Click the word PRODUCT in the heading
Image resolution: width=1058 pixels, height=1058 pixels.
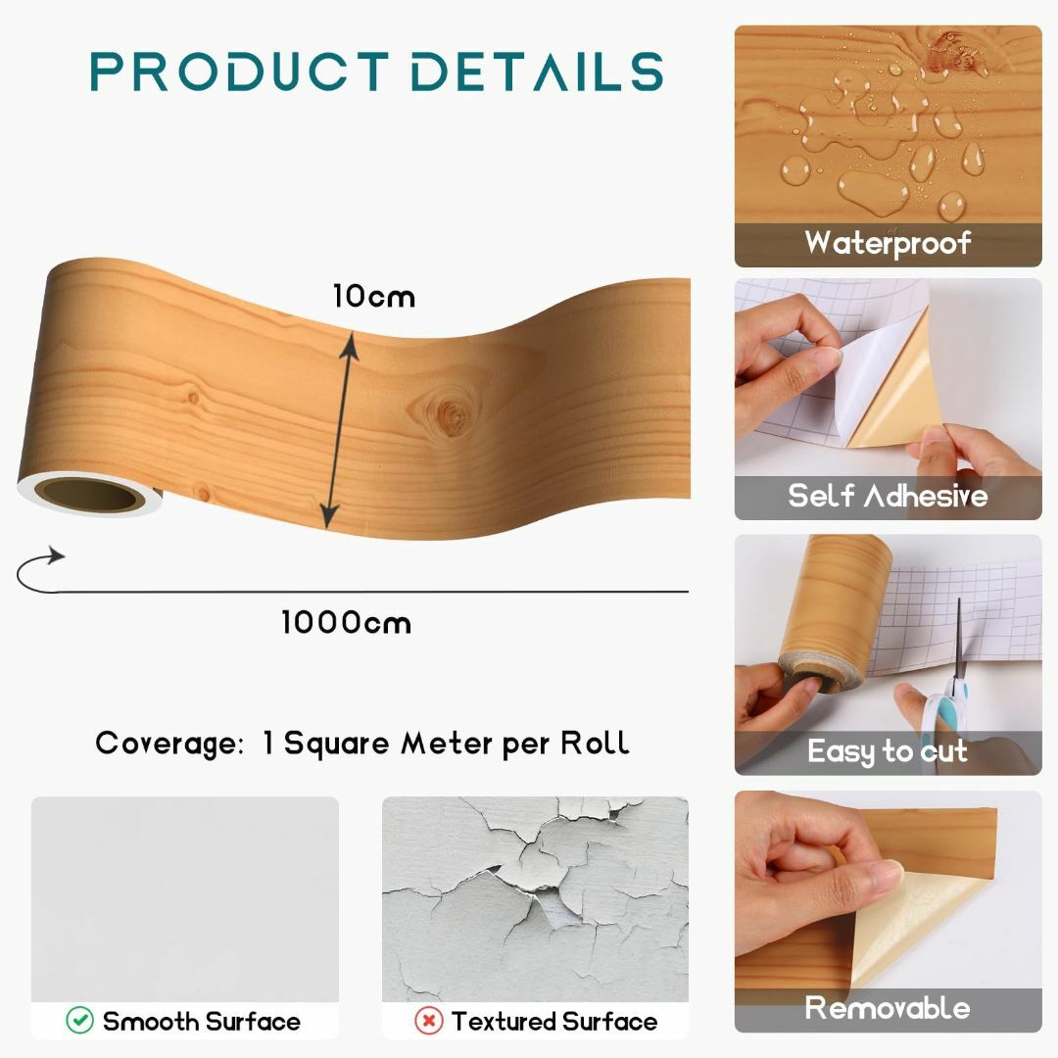[x=240, y=71]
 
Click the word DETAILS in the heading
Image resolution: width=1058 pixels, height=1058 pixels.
[x=538, y=71]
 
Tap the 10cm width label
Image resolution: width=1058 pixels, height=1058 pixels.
[x=374, y=296]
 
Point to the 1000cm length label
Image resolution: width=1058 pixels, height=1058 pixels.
[x=346, y=622]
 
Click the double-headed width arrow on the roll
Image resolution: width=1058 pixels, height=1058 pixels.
[x=339, y=429]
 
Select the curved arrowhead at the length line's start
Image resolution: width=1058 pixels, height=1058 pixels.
[x=55, y=556]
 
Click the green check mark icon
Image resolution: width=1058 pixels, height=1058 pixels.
[x=79, y=1020]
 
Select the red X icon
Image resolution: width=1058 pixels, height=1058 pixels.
[x=428, y=1020]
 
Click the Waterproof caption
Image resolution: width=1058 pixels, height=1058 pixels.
[x=888, y=243]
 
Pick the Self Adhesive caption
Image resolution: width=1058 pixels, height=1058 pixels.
[x=888, y=496]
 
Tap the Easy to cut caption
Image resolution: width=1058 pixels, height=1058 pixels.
[x=888, y=751]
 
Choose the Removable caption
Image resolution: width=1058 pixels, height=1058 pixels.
[x=888, y=1007]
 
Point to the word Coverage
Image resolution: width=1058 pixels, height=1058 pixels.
[x=169, y=744]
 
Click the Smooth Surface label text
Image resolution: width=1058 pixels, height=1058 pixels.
[x=202, y=1021]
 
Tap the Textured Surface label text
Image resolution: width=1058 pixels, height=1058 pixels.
[x=554, y=1021]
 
